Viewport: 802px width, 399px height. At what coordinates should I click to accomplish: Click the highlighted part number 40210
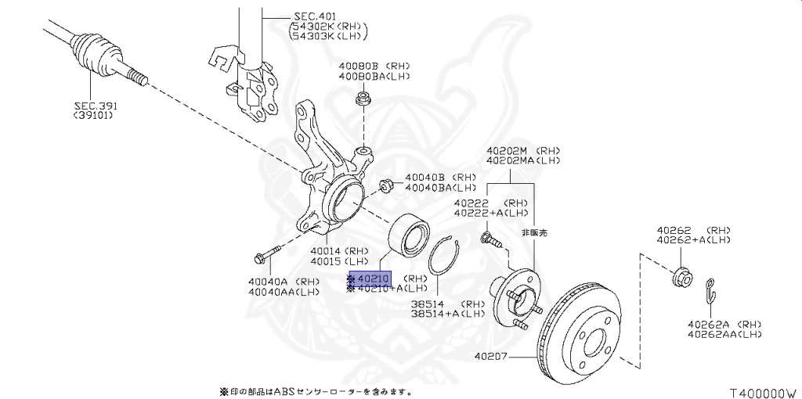click(374, 279)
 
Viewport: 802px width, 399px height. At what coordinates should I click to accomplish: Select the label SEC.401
click(314, 15)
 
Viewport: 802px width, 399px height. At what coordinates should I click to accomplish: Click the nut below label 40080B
click(363, 99)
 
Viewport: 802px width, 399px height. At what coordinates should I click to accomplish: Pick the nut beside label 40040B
click(386, 186)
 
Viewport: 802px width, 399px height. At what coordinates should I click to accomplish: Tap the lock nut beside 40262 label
click(679, 276)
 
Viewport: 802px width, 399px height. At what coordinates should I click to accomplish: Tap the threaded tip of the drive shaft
click(138, 75)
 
